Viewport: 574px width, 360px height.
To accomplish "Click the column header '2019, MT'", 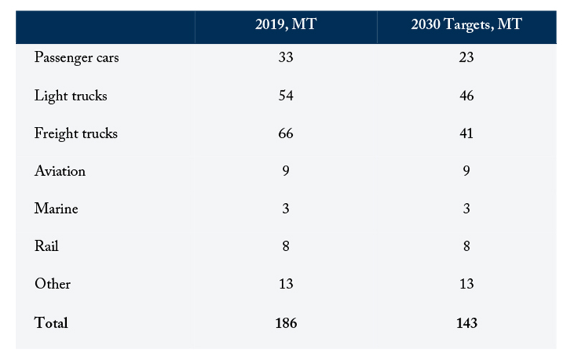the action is pyautogui.click(x=286, y=24).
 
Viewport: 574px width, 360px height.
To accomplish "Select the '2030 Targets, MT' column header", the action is pyautogui.click(x=466, y=24).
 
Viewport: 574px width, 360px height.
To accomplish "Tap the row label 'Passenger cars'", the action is pyautogui.click(x=77, y=58).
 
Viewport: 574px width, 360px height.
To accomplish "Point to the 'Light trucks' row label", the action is pyautogui.click(x=70, y=96).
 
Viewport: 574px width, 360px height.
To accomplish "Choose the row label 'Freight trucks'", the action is pyautogui.click(x=76, y=133).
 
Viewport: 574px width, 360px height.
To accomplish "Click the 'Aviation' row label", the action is pyautogui.click(x=60, y=171).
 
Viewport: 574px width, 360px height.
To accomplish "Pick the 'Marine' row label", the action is pyautogui.click(x=56, y=209).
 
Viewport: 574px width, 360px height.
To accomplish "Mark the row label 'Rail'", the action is pyautogui.click(x=46, y=246).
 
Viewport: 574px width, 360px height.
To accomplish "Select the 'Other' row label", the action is pyautogui.click(x=52, y=283).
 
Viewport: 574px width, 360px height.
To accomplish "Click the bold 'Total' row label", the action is pyautogui.click(x=51, y=323).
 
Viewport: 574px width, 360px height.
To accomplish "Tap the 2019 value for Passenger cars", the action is pyautogui.click(x=286, y=57).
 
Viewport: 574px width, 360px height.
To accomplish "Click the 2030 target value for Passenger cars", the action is pyautogui.click(x=466, y=57).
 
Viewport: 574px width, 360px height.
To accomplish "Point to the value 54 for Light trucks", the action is pyautogui.click(x=286, y=95).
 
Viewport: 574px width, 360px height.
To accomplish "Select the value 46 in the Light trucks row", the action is pyautogui.click(x=466, y=95).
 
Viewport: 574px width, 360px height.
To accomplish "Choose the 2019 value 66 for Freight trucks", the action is pyautogui.click(x=286, y=133).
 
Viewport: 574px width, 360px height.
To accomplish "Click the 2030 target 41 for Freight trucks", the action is pyautogui.click(x=466, y=133).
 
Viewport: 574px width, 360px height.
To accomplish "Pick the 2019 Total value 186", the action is pyautogui.click(x=286, y=323).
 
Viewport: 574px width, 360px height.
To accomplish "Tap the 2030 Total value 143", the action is pyautogui.click(x=467, y=323).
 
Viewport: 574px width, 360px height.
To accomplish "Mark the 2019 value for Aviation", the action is pyautogui.click(x=286, y=171).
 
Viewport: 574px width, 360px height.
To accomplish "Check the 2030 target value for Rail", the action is pyautogui.click(x=466, y=246).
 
